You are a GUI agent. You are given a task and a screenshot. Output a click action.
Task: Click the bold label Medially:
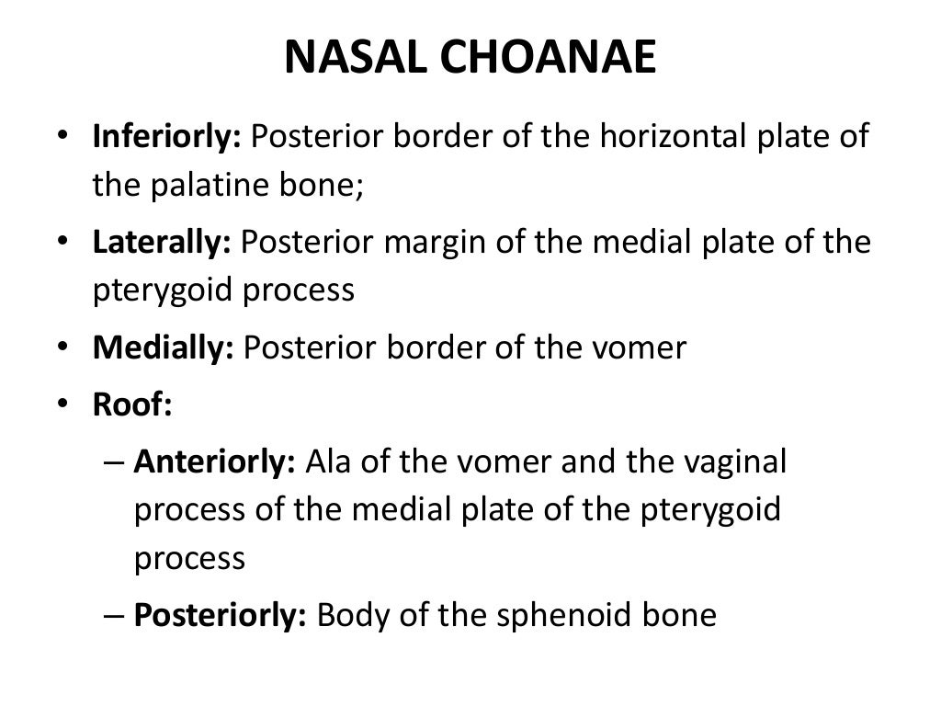pyautogui.click(x=164, y=348)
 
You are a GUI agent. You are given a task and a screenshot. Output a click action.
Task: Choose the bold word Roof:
pyautogui.click(x=132, y=405)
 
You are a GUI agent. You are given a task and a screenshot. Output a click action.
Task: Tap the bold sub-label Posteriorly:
pyautogui.click(x=220, y=614)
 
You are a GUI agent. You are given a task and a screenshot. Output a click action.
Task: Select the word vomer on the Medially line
pyautogui.click(x=643, y=348)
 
